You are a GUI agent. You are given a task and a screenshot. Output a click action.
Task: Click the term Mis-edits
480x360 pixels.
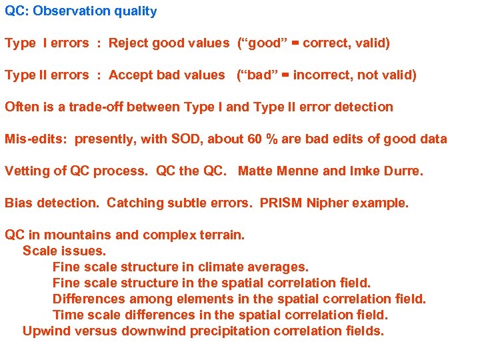click(35, 139)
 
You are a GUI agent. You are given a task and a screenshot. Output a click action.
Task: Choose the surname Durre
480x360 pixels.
click(402, 171)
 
